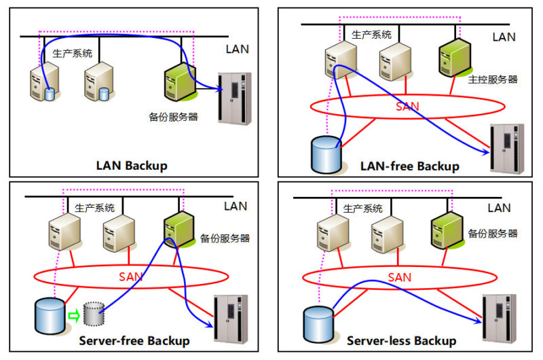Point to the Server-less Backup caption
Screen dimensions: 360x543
[x=402, y=340]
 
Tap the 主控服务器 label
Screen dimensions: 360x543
[x=493, y=79]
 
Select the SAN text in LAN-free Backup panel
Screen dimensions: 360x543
[x=407, y=106]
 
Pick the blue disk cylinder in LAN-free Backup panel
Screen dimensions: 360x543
[x=324, y=154]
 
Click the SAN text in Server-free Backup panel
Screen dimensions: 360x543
[x=132, y=276]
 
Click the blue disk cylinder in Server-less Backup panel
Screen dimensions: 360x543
[x=318, y=322]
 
